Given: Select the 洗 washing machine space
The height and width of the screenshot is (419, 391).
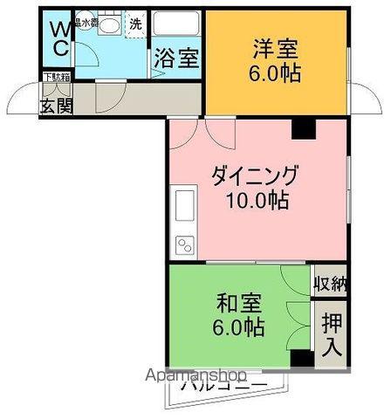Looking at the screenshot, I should (136, 24).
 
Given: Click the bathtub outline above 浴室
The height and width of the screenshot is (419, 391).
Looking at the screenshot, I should (177, 26).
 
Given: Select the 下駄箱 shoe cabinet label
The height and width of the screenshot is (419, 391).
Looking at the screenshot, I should (55, 79).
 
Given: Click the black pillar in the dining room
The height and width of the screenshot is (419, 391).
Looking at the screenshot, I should (303, 128).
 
